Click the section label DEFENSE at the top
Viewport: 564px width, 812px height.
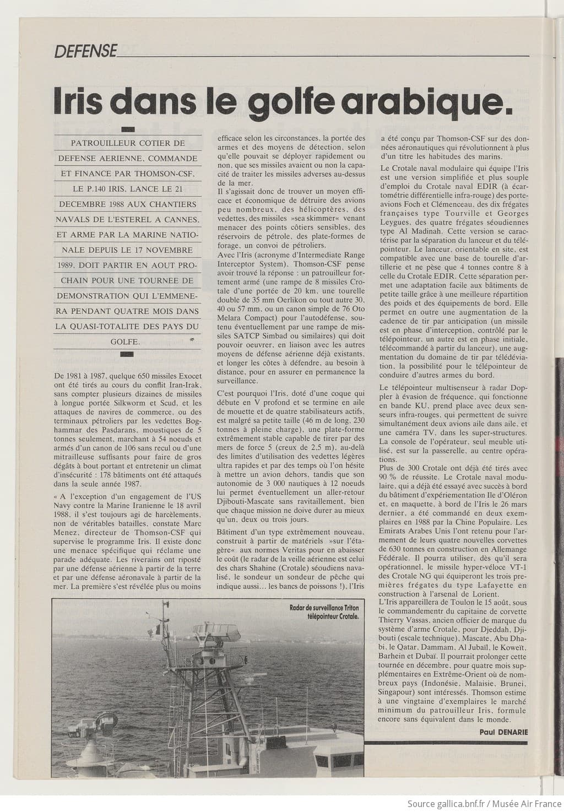[86, 52]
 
